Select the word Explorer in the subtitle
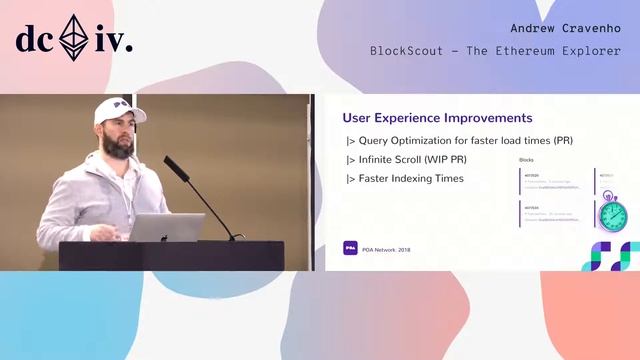(x=590, y=51)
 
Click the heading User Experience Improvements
(x=437, y=119)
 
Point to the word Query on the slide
(x=375, y=140)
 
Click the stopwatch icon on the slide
(x=612, y=214)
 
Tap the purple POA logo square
(x=350, y=248)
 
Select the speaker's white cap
(x=118, y=110)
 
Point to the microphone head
(x=171, y=162)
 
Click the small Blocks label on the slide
(x=528, y=160)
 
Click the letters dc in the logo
(x=35, y=41)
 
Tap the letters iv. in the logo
(x=114, y=41)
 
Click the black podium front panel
(x=170, y=255)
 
